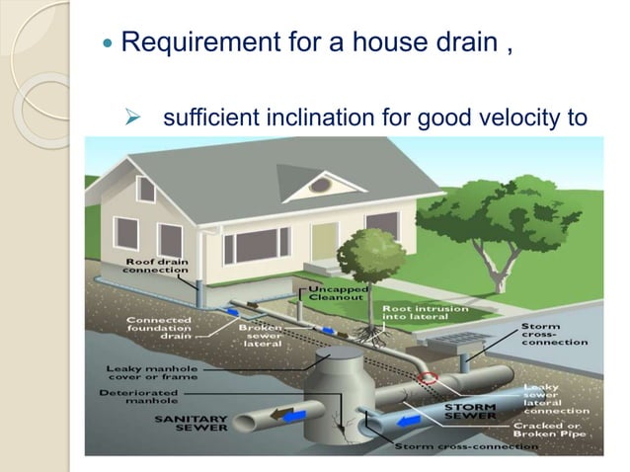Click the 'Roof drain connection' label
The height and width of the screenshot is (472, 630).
[x=156, y=264]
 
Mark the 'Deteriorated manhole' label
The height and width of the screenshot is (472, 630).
[x=152, y=398]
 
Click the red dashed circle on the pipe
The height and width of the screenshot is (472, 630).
[x=430, y=378]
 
